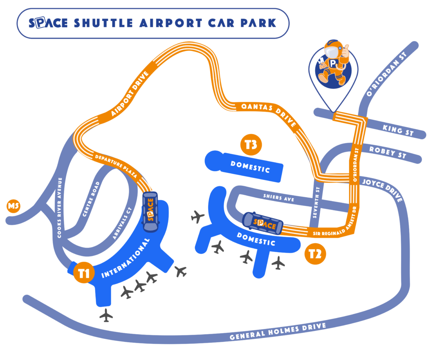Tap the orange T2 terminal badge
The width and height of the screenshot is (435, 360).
tap(315, 254)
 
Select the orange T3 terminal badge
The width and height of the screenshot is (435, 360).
tap(251, 144)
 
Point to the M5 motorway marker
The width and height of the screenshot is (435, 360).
tap(13, 206)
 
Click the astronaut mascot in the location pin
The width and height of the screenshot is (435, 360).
tap(333, 62)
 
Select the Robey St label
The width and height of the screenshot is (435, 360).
tap(387, 152)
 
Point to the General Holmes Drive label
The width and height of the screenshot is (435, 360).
tap(278, 332)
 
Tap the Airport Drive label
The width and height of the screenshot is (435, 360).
tap(130, 94)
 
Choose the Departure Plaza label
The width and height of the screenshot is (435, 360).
tap(116, 166)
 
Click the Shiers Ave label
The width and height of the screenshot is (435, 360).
tap(279, 197)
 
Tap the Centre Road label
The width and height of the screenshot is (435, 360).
tap(91, 199)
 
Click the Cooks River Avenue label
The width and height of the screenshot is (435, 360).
tap(59, 208)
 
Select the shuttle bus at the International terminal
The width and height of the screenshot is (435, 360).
tap(150, 211)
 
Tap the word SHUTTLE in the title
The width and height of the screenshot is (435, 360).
tap(103, 23)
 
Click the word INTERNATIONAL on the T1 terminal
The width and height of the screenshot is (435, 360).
tap(126, 258)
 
